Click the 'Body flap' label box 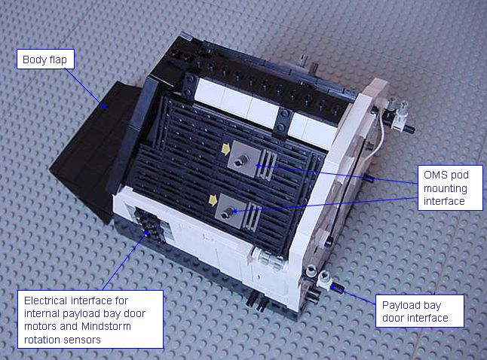[x=45, y=59]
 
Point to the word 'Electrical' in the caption [x=45, y=301]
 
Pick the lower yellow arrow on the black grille [x=213, y=200]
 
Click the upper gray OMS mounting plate [x=244, y=159]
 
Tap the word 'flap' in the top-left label [x=58, y=59]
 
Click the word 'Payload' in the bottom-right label [x=398, y=305]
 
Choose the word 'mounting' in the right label [x=446, y=188]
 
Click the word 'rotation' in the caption [x=41, y=340]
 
